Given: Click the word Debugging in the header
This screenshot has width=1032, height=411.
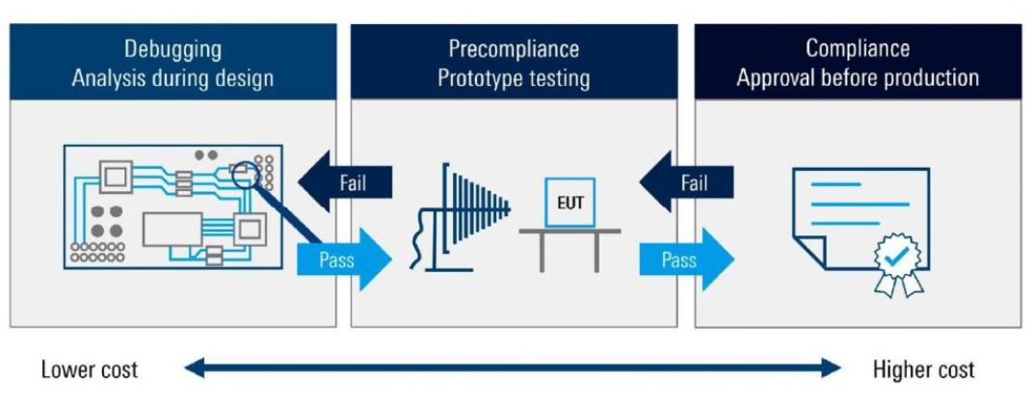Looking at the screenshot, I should pos(172,48).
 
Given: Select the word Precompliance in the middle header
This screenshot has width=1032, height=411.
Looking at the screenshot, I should pos(514,48).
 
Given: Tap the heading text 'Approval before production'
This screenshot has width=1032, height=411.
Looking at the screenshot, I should pos(858,78).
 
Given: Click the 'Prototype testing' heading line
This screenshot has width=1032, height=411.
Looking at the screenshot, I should pos(514,78).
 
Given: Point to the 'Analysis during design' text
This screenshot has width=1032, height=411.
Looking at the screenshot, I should pos(172,78).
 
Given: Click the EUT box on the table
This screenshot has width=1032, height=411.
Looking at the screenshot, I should pos(569,203).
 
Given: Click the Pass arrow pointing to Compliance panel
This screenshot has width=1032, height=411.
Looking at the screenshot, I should pos(686,259).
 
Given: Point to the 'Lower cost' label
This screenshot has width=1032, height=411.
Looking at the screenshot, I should pos(90,370).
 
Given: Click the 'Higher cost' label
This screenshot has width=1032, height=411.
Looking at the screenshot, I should pos(923,370).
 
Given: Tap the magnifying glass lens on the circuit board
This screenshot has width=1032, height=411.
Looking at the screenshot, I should pos(247,174).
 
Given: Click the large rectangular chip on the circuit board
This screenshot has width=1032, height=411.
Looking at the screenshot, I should pos(172,229).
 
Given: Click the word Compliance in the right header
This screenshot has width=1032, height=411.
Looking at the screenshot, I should pos(858,48).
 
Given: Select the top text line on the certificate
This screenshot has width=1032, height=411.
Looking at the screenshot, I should pos(834,183).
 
